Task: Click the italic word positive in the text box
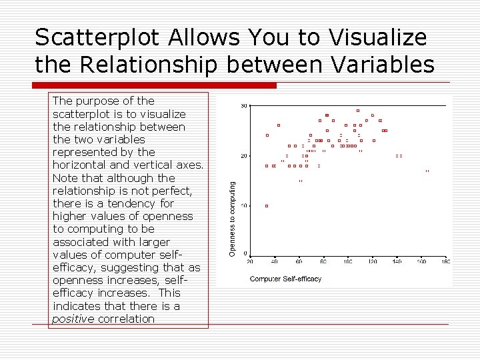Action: point(73,319)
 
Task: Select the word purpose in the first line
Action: point(99,101)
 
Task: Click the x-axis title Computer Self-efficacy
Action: point(285,279)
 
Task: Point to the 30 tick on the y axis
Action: point(244,106)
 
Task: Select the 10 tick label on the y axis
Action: point(244,205)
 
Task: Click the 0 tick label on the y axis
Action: point(245,254)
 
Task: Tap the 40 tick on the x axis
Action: point(274,262)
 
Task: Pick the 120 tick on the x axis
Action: point(372,262)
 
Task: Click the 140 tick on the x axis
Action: point(397,262)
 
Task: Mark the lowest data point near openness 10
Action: point(267,206)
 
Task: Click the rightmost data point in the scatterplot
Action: point(427,171)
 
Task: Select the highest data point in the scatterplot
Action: point(358,111)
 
